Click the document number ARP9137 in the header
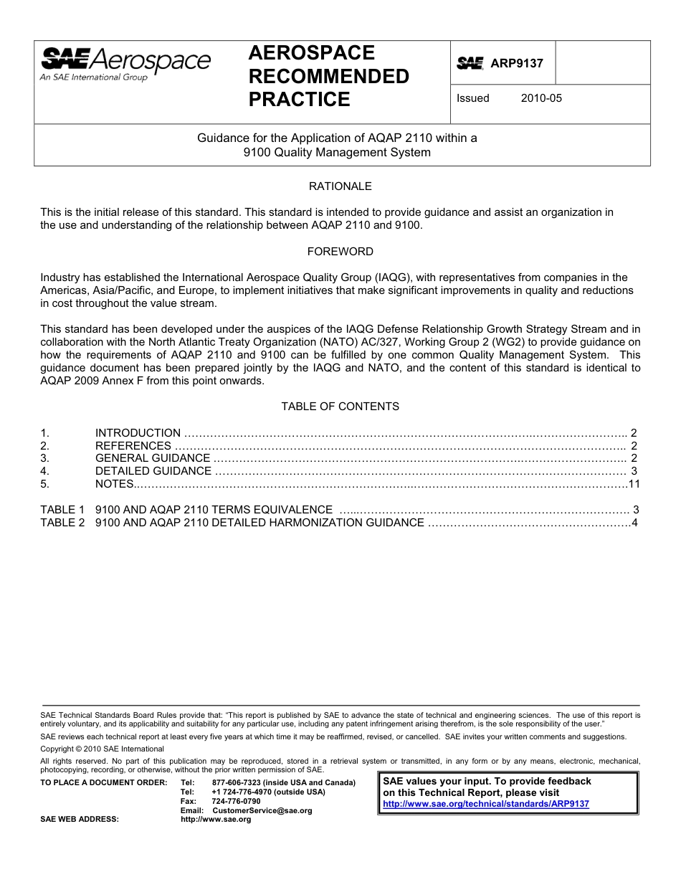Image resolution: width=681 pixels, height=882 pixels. pos(516,63)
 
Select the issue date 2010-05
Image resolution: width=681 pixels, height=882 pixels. pos(541,98)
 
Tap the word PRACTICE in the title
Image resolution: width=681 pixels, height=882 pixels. pos(299,100)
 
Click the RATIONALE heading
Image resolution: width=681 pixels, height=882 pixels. pos(340,186)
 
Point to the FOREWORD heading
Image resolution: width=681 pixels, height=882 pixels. pos(340,252)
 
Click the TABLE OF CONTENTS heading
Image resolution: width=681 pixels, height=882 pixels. pos(340,407)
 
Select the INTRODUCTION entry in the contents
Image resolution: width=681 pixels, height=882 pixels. pos(138,433)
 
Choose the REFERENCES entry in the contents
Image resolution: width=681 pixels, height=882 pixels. pos(133,446)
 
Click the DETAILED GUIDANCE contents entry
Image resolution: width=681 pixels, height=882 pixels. pos(153,471)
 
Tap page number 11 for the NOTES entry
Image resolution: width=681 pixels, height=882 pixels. pos(633,484)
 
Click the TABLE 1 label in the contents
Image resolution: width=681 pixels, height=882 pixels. pos(62,510)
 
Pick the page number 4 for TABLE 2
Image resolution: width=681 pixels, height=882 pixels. pos(634,523)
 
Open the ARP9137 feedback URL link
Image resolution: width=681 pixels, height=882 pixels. pos(486,804)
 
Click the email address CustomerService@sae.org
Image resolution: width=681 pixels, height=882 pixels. pos(262,810)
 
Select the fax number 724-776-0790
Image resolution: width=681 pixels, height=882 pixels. pos(237,801)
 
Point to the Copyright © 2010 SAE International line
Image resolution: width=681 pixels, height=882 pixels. pos(102,749)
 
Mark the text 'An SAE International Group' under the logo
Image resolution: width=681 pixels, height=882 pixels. pos(93,77)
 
